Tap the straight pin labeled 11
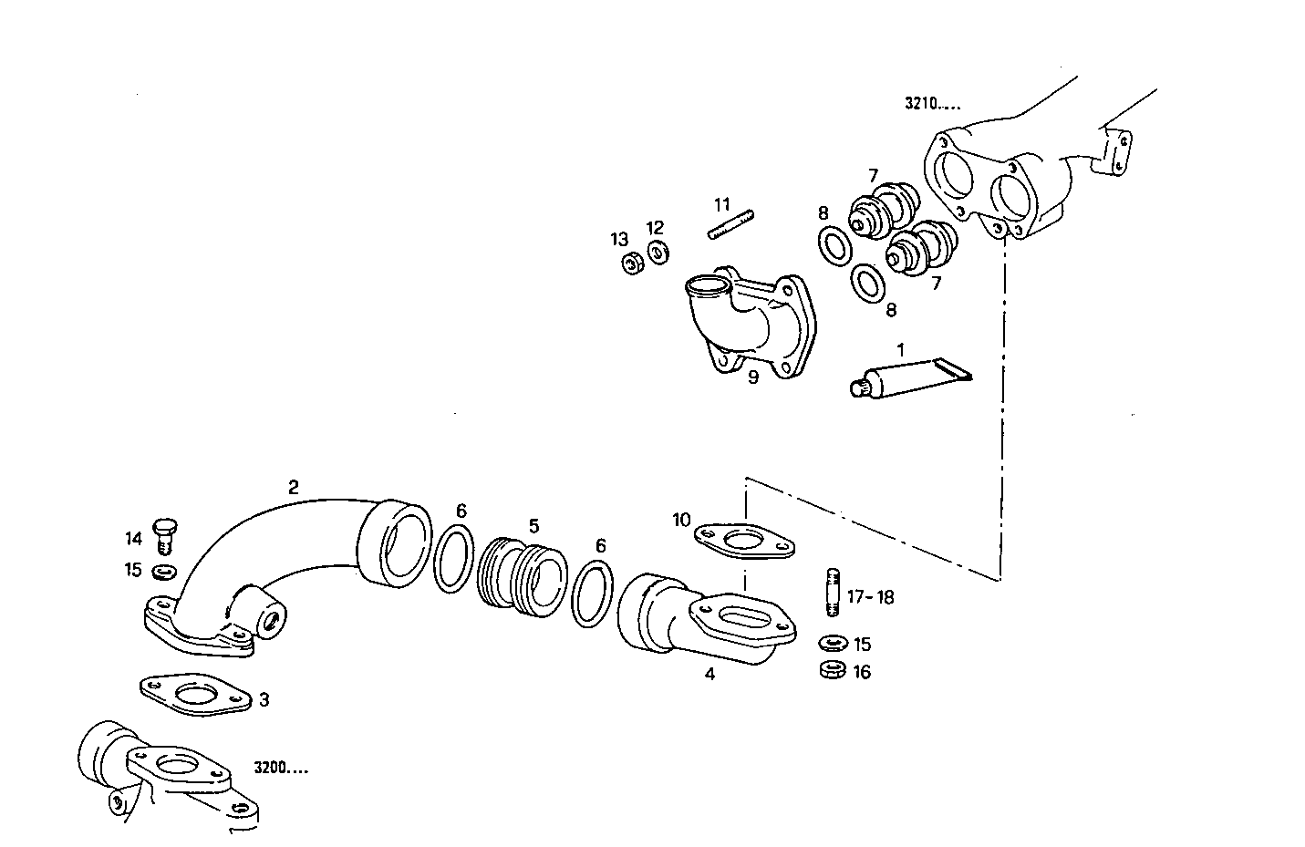[731, 225]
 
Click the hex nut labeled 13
[630, 263]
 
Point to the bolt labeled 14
[165, 534]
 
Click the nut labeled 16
[832, 670]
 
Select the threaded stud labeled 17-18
[832, 593]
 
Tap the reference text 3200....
[281, 769]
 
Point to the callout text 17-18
[870, 597]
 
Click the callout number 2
[293, 487]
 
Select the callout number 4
[709, 675]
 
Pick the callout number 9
[753, 377]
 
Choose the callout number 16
[862, 672]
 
